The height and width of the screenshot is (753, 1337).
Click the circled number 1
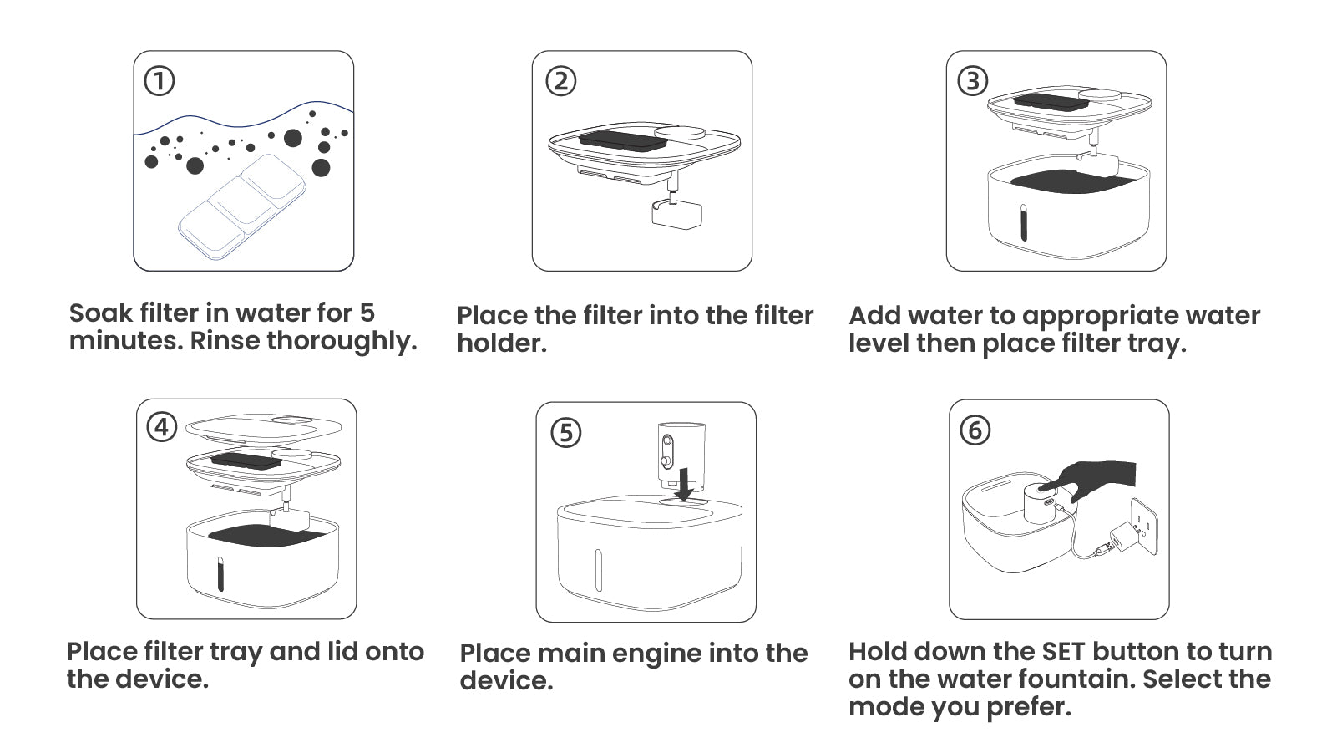click(159, 81)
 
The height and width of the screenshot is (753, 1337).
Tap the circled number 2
click(560, 81)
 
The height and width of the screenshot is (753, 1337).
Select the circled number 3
click(972, 81)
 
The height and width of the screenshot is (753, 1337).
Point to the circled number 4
click(161, 427)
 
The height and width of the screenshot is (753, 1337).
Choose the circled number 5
click(565, 432)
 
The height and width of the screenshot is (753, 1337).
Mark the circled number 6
click(975, 430)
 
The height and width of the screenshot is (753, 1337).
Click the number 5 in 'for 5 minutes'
click(367, 313)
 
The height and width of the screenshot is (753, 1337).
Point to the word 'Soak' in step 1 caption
click(101, 313)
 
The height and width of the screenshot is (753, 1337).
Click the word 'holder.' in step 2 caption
click(501, 343)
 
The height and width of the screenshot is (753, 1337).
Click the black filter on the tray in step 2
click(620, 139)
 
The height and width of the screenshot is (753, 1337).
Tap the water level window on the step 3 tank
click(1023, 222)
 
